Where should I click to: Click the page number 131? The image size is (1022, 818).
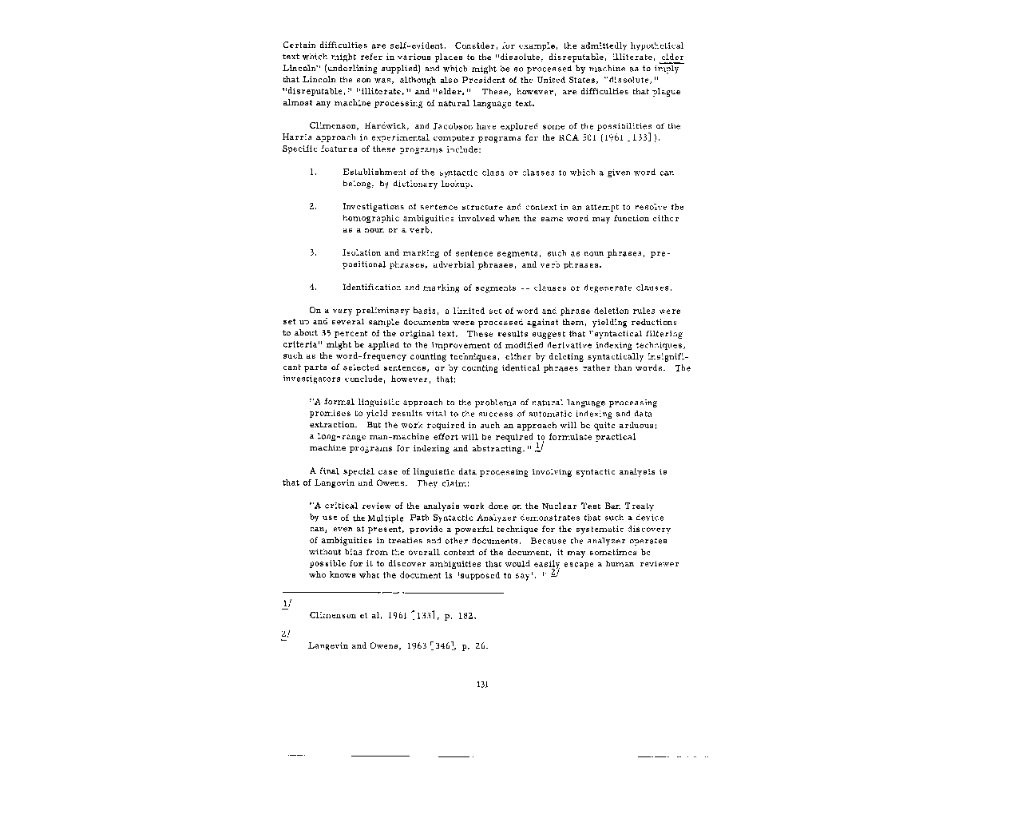tap(481, 684)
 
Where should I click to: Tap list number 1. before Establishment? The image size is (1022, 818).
tap(313, 173)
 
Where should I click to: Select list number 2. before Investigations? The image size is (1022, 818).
tap(313, 207)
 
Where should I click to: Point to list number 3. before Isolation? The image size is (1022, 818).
tap(313, 253)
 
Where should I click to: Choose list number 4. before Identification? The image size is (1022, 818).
tap(313, 288)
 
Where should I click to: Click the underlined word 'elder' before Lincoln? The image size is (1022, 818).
tap(672, 58)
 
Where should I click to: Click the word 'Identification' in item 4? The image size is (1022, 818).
tap(372, 288)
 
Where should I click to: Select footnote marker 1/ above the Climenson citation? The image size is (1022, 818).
tap(287, 604)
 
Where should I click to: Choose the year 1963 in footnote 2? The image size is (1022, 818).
tap(415, 646)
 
